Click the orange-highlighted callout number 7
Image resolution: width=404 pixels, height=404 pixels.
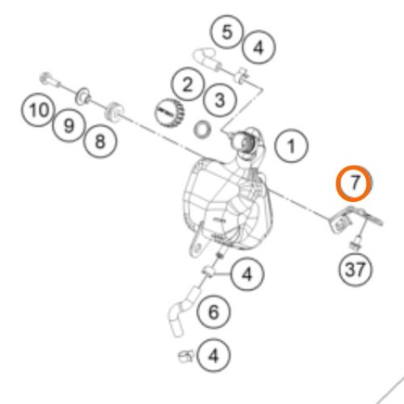pos(354,183)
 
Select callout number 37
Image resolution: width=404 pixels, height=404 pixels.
pos(355,269)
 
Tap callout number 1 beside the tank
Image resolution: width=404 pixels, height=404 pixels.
pos(291,146)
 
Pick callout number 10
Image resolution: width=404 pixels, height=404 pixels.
pos(38,110)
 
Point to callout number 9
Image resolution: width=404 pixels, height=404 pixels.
pos(69,125)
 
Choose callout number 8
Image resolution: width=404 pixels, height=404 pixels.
pos(100,141)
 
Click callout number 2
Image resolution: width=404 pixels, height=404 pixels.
pos(187,84)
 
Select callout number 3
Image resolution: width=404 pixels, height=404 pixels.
pos(220,100)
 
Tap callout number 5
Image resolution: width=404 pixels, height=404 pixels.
pos(227,32)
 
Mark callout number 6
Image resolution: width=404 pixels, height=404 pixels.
pos(213,312)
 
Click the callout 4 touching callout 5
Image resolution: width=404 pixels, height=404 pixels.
pos(259,48)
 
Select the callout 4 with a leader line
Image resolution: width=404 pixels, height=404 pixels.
pos(247,275)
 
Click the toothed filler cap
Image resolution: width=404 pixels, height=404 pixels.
pos(169,113)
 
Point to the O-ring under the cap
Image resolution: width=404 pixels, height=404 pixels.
pos(202,129)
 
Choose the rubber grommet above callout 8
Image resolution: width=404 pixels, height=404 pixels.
pos(114,111)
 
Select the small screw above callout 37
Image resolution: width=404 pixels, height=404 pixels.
pos(356,243)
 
